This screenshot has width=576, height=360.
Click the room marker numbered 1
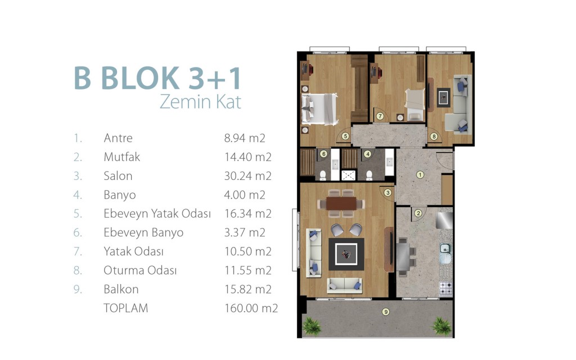(420, 175)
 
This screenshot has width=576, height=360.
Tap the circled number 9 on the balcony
(385, 312)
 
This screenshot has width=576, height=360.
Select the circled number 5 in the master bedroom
(345, 136)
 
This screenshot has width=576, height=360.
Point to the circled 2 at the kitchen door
(418, 213)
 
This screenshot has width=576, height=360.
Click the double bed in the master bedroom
(319, 109)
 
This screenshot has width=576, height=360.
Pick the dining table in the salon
(341, 203)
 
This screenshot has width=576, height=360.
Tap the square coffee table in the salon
(346, 254)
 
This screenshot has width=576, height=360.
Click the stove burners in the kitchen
(446, 289)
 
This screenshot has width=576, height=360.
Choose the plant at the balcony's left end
(312, 326)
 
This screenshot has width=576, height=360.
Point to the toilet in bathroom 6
(322, 175)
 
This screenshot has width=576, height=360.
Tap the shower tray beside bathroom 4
(348, 175)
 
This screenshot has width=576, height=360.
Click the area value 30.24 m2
(247, 176)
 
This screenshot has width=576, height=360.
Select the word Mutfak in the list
(121, 157)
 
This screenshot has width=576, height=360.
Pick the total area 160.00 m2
(251, 308)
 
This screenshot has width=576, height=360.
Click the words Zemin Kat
(201, 102)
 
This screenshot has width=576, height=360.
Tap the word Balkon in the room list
(121, 289)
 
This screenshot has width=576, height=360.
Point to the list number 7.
(77, 251)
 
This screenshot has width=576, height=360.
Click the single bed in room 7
(415, 104)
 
